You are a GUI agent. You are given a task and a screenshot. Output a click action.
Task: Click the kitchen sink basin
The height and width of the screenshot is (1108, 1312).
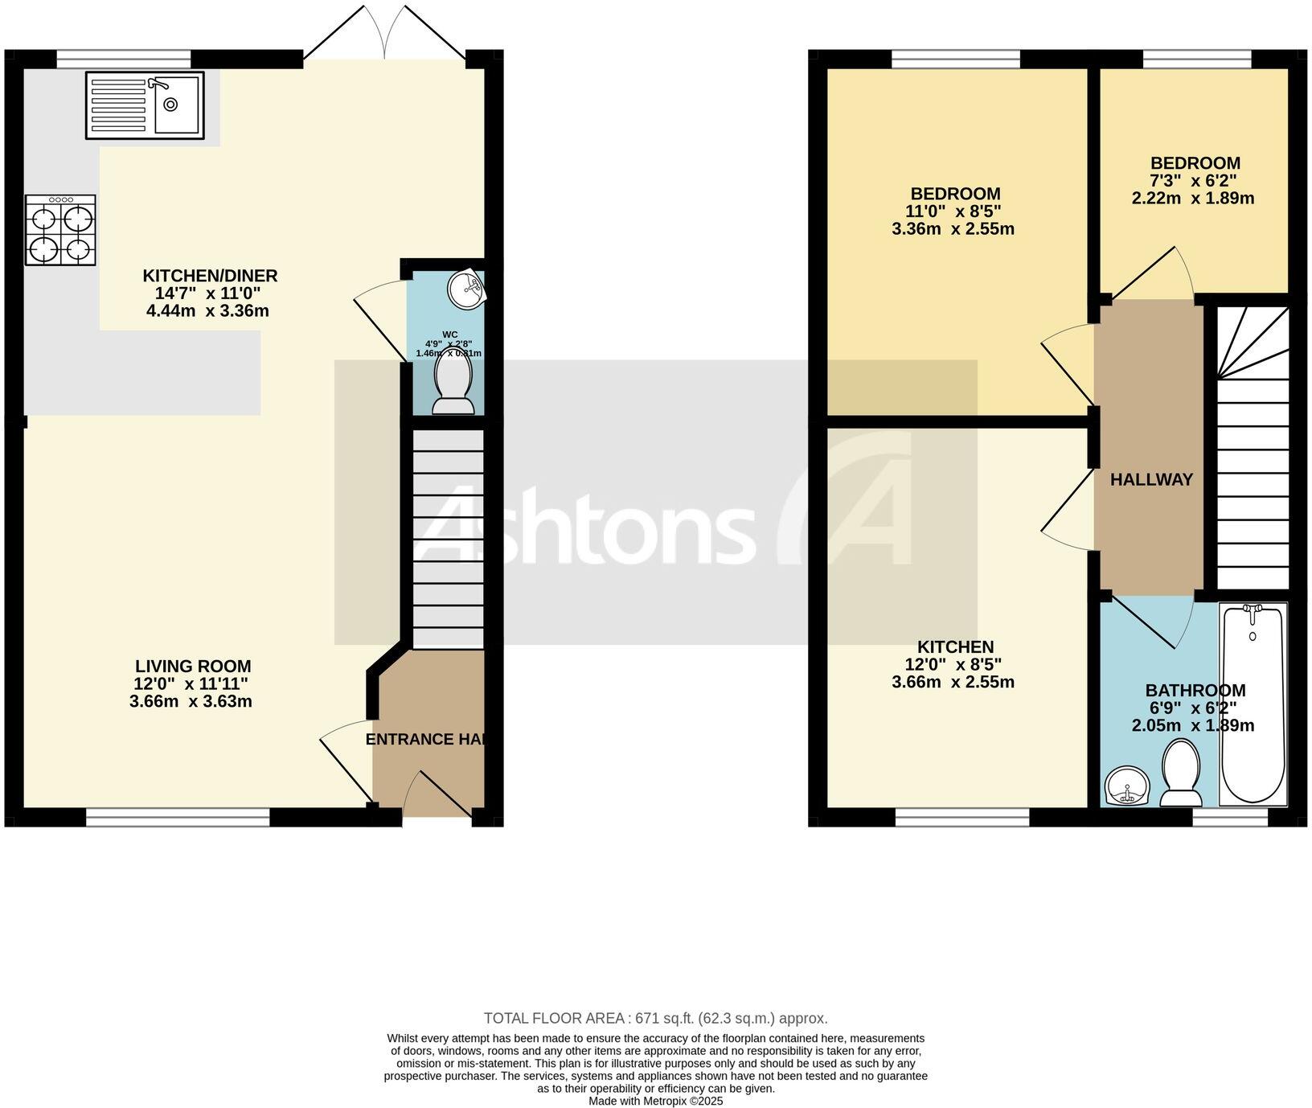coord(176,105)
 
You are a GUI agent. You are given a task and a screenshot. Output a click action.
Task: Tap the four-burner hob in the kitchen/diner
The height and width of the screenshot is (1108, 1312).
coord(60,231)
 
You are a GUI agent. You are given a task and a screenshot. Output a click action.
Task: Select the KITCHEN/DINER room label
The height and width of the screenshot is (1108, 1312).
coord(210,276)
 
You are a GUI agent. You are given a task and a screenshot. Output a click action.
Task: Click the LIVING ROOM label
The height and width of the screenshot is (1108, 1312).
coord(193,666)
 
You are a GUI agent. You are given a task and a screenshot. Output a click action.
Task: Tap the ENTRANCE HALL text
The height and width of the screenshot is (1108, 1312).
coord(424,739)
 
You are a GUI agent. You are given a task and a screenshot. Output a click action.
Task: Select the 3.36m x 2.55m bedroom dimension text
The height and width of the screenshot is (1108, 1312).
coord(953,229)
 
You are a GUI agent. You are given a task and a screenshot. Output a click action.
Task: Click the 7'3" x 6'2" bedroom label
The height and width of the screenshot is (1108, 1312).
coord(1195,180)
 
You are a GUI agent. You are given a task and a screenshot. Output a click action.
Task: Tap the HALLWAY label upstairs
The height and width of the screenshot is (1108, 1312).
coord(1151,480)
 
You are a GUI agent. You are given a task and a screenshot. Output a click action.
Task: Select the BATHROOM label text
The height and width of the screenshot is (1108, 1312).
coord(1195,690)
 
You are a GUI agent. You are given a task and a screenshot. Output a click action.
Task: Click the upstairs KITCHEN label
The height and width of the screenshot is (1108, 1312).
coord(955,646)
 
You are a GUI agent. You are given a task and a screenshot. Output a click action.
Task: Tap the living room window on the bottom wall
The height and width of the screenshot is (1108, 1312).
coord(178,818)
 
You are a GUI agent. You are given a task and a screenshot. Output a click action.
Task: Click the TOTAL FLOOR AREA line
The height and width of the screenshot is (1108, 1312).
coord(655,1018)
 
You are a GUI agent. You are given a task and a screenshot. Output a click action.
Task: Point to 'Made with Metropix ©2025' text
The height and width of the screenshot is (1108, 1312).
coord(655,1102)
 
